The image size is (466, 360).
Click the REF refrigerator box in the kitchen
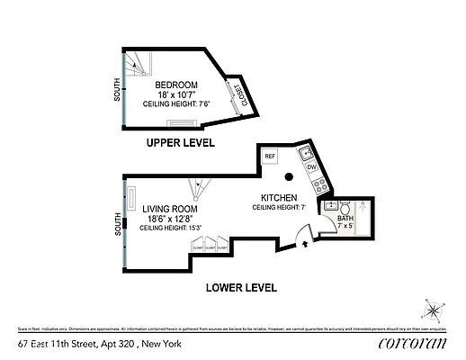[269, 156]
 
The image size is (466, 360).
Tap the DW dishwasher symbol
[311, 167]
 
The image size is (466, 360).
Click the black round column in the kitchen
[291, 177]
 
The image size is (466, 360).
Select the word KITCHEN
[279, 197]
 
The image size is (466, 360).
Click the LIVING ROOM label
[168, 209]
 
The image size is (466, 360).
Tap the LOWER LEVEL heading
[240, 288]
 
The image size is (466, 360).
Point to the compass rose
[432, 311]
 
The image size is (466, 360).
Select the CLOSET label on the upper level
[240, 93]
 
